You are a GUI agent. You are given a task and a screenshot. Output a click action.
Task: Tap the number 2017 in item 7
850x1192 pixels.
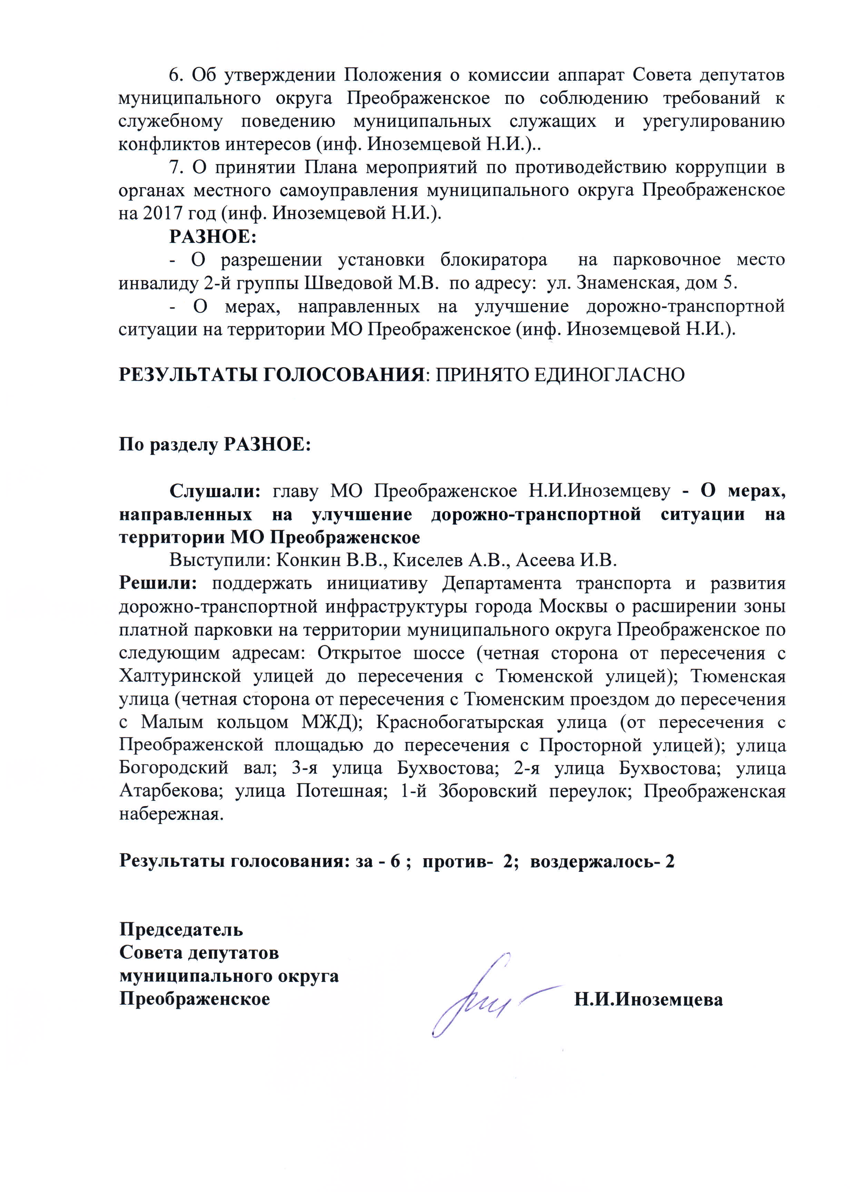click(x=163, y=213)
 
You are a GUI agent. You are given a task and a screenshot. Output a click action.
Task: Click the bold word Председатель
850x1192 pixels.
click(x=181, y=929)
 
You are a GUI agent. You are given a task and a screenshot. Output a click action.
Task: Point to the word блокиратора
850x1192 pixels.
click(x=494, y=260)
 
